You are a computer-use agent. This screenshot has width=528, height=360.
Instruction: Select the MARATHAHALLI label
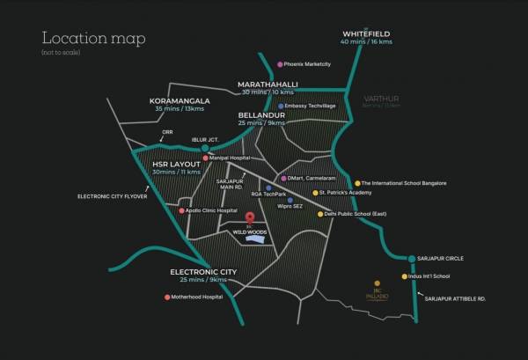tap(268, 84)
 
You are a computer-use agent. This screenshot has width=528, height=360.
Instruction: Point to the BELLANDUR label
tap(260, 114)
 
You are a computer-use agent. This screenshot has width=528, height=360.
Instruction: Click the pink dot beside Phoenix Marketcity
tap(280, 64)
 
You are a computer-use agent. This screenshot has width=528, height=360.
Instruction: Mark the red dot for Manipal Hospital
tap(206, 158)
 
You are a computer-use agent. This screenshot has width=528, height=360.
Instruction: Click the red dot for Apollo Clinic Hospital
tap(181, 211)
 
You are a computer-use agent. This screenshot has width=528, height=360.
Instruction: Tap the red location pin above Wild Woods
tap(249, 217)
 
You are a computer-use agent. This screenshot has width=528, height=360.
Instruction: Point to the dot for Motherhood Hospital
tap(167, 297)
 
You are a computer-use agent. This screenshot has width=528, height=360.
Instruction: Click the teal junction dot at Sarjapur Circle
tap(412, 259)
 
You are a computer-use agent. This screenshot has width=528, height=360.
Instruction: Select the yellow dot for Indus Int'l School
tap(405, 276)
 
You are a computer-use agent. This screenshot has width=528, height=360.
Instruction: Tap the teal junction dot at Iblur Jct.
tap(205, 148)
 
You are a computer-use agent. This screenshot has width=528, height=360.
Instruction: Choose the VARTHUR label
tap(384, 99)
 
